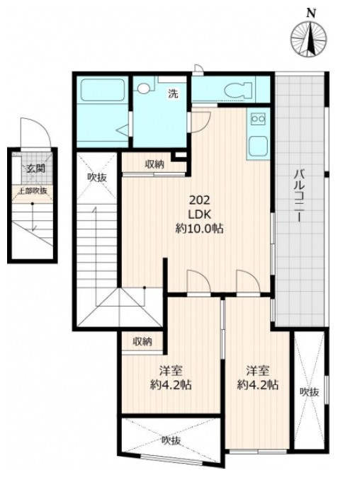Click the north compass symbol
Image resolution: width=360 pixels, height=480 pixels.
tap(308, 39)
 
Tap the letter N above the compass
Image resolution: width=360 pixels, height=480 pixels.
tap(312, 13)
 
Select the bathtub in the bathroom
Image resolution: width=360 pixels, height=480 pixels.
tap(103, 89)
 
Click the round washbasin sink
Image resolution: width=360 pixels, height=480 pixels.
tap(142, 88)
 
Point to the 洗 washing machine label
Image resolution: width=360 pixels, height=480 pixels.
tap(173, 93)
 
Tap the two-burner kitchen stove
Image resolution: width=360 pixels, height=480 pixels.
tap(259, 118)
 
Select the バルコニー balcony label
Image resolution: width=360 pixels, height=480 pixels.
tap(299, 195)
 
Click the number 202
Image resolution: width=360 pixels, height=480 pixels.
tap(199, 201)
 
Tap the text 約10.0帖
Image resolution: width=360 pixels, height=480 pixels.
tap(199, 229)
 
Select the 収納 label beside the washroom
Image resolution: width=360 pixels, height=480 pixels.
tap(154, 164)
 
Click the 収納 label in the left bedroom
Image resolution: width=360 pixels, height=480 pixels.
tap(142, 341)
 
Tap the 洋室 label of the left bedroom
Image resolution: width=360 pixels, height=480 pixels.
tap(171, 371)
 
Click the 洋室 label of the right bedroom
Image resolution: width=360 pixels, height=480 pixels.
tap(258, 371)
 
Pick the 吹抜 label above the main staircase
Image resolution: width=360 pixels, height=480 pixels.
tap(97, 178)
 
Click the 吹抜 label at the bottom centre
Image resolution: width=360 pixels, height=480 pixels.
tap(171, 440)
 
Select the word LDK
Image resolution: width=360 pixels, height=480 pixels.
tap(199, 215)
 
